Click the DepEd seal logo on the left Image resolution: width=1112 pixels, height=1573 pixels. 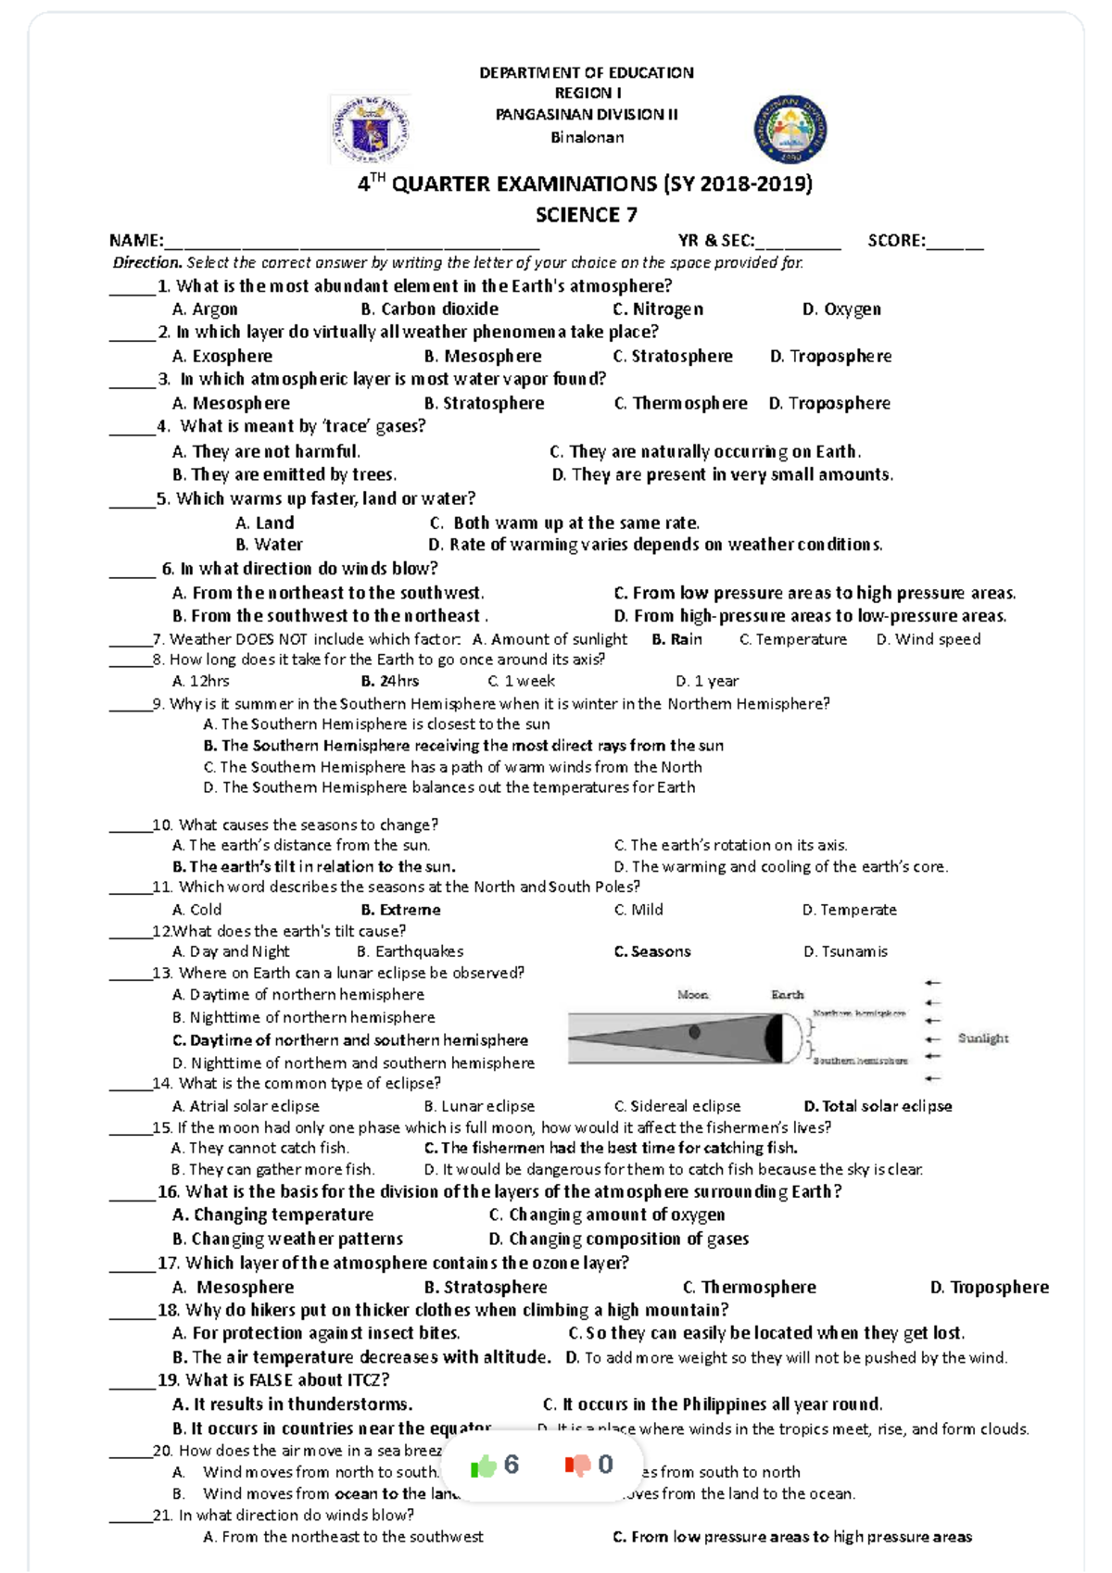[371, 130]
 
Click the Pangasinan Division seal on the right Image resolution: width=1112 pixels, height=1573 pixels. [790, 130]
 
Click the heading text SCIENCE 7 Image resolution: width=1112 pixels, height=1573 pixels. [587, 215]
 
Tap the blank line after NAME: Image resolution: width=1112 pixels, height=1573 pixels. [352, 243]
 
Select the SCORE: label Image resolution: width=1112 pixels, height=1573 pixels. [895, 241]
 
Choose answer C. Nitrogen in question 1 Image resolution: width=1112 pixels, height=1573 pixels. [658, 309]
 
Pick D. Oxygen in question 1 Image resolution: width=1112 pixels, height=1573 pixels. [841, 309]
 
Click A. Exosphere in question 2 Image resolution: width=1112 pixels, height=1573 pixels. [222, 357]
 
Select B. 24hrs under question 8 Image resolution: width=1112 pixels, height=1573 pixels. [390, 681]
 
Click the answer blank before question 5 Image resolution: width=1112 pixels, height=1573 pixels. [131, 501]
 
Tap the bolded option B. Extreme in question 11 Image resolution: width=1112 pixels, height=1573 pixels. [400, 910]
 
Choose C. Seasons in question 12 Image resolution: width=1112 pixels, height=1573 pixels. [652, 951]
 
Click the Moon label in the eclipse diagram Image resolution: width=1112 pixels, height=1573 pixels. [692, 995]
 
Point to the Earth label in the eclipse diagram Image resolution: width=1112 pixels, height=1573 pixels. [788, 995]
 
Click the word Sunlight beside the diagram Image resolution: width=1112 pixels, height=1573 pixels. [983, 1038]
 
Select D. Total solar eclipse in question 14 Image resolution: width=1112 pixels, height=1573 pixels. [878, 1106]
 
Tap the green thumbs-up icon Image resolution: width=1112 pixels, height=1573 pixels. [484, 1466]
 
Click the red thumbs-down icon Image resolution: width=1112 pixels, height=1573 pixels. [577, 1466]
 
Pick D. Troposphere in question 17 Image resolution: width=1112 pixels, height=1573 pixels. [990, 1288]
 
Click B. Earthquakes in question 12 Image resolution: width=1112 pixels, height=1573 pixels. [410, 951]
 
